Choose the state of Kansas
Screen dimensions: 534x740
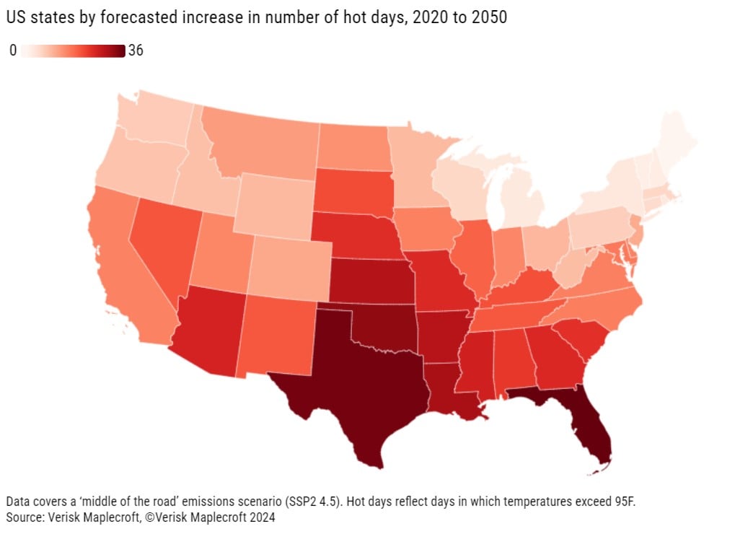point(371,281)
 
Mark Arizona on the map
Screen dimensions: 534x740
point(209,332)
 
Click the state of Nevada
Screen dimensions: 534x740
point(162,238)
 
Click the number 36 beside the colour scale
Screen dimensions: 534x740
point(136,51)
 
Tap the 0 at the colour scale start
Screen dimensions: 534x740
point(13,51)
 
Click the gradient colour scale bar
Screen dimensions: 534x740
point(72,51)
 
